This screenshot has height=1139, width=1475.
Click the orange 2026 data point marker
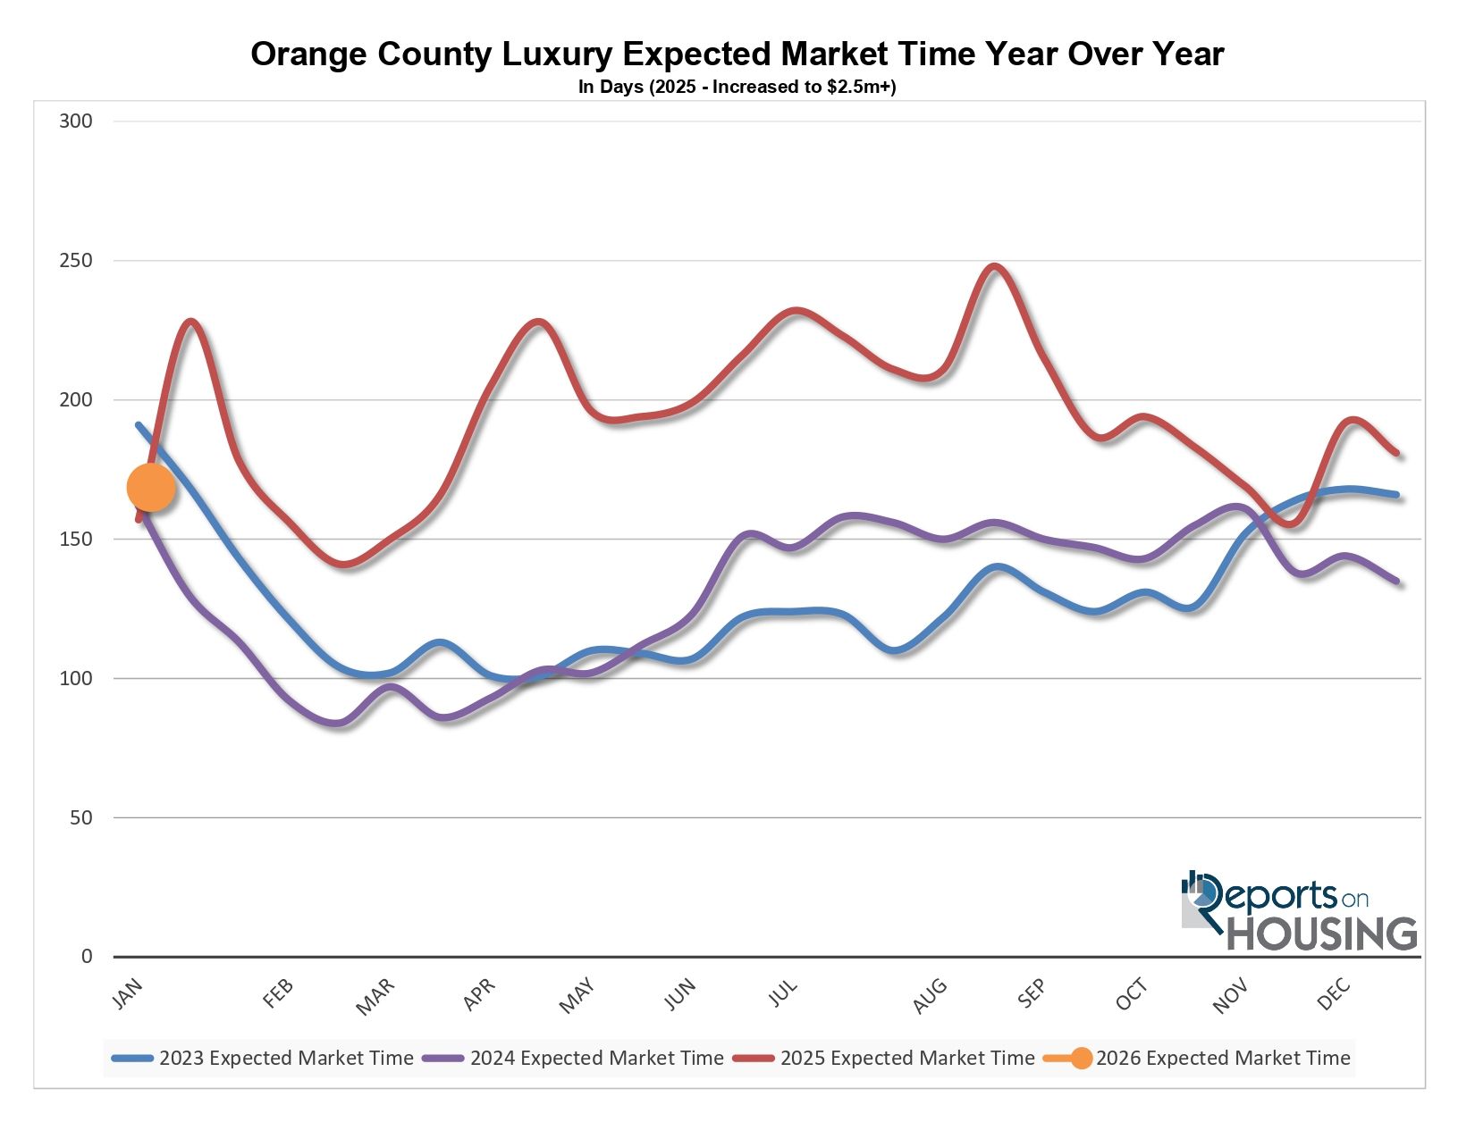[x=150, y=488]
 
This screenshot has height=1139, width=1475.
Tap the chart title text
[x=737, y=54]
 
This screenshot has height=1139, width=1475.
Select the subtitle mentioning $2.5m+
[x=737, y=88]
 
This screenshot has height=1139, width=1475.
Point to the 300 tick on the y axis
[x=76, y=121]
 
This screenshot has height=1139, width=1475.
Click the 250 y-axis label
[x=76, y=261]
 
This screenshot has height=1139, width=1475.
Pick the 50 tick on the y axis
[x=80, y=817]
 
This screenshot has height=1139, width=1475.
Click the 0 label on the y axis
[x=87, y=957]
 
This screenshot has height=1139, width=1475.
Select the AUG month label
[x=930, y=996]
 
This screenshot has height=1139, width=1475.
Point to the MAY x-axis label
[x=577, y=996]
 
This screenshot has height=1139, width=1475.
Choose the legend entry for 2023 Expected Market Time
[x=265, y=1059]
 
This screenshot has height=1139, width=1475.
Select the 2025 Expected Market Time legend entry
[x=885, y=1059]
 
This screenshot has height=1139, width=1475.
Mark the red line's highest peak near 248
[x=994, y=266]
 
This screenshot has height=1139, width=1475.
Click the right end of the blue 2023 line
[x=1396, y=495]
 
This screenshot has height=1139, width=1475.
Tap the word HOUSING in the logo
[x=1322, y=934]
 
